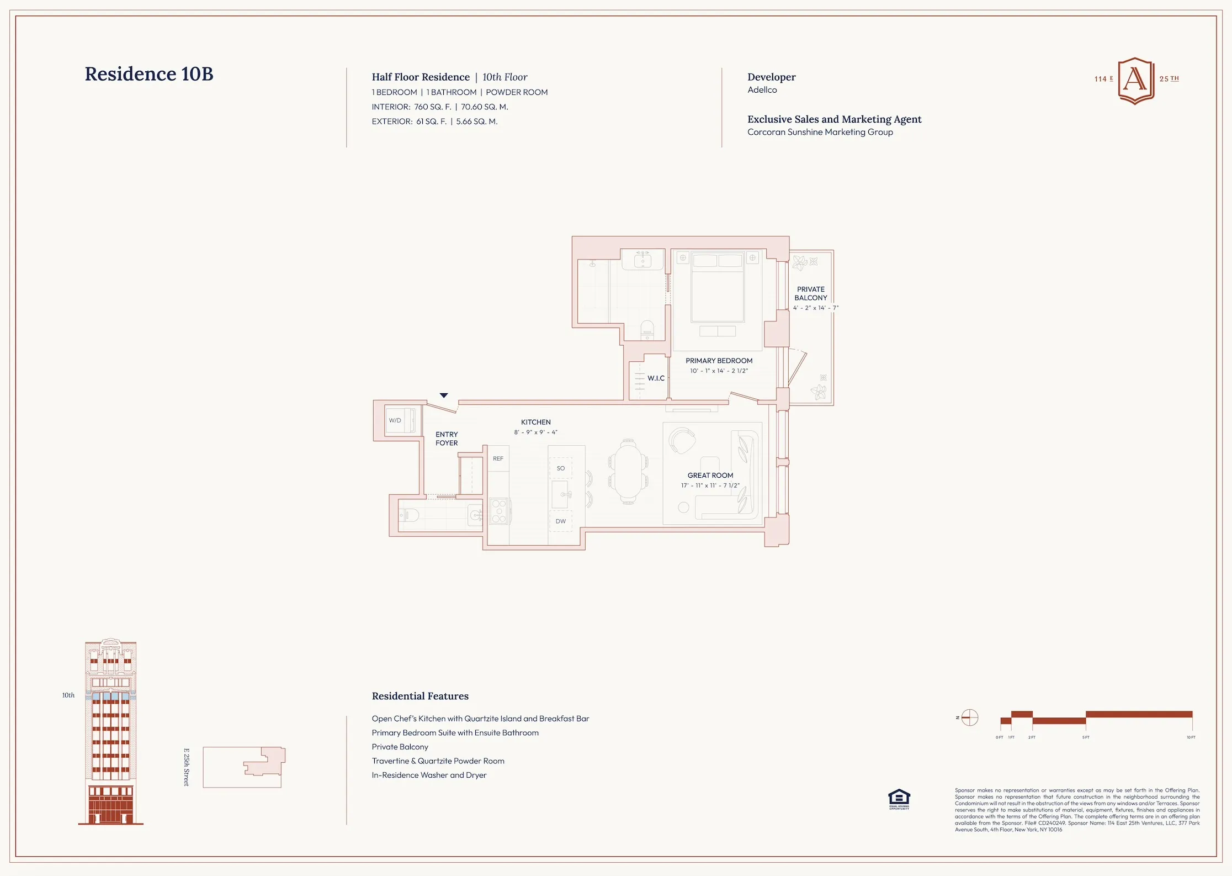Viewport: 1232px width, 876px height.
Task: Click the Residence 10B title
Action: [148, 74]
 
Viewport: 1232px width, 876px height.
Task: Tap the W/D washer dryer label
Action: [395, 420]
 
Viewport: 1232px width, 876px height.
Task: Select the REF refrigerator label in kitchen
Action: [498, 458]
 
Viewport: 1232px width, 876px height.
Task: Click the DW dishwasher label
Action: [560, 521]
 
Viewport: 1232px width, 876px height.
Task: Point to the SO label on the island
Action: [560, 468]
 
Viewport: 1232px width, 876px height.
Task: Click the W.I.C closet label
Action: [656, 378]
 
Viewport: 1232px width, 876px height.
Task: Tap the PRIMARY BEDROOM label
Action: [719, 361]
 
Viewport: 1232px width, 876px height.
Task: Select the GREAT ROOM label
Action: [710, 475]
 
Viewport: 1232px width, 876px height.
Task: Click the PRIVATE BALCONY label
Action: [810, 293]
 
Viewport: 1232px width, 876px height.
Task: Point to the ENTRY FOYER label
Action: [447, 439]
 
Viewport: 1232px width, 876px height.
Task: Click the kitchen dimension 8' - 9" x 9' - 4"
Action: [535, 432]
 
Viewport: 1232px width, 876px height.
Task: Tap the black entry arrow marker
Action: [444, 395]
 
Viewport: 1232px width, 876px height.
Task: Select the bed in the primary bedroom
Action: [717, 287]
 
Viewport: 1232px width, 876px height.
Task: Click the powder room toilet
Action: [409, 515]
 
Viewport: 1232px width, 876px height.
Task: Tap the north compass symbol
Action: [969, 717]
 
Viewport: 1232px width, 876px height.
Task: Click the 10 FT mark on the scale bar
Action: [1191, 737]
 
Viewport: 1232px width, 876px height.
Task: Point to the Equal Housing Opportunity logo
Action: [899, 799]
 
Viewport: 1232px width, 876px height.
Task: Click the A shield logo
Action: [1135, 80]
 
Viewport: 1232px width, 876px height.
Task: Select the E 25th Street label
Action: [187, 767]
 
